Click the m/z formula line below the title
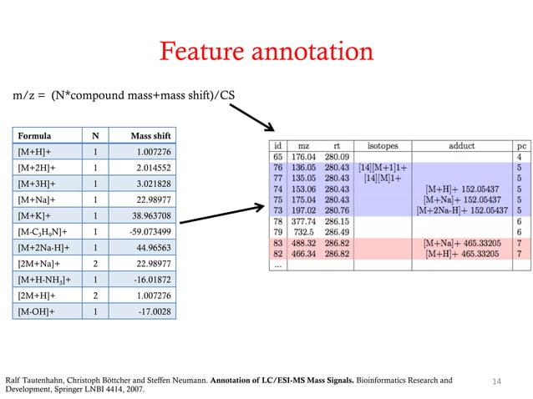click(x=122, y=95)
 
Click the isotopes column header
click(x=383, y=145)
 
